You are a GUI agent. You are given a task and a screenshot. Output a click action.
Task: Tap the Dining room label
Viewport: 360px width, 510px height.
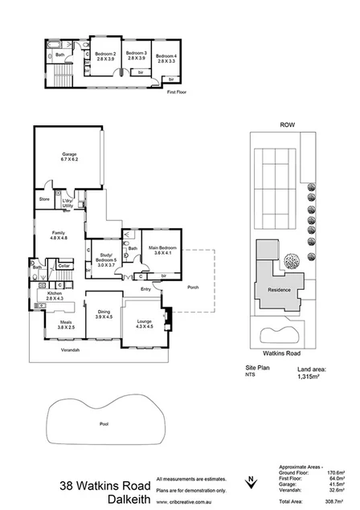(x=104, y=315)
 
